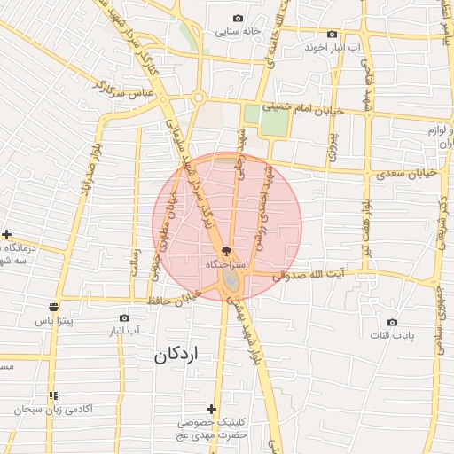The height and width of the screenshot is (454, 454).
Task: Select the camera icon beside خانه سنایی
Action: [238, 19]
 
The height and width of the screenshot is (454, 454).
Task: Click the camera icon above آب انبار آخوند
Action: [332, 34]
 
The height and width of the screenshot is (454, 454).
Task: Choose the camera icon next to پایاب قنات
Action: [392, 322]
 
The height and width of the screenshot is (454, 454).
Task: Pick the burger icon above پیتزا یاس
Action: [54, 307]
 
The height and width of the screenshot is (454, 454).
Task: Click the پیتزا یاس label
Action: [55, 320]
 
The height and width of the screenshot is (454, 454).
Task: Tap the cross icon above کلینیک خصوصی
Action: [211, 409]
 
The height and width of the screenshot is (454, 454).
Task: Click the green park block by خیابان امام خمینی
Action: [274, 121]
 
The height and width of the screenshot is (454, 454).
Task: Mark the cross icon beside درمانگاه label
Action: [7, 235]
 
